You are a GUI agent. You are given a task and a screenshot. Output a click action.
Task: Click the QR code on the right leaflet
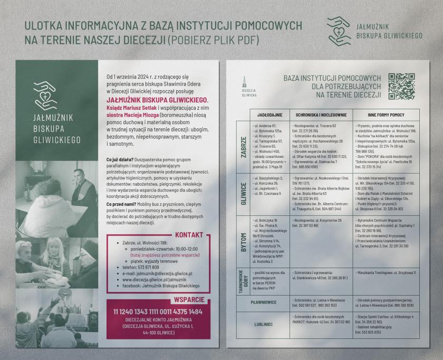(402, 86)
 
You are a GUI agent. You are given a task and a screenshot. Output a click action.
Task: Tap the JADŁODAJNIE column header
(269, 115)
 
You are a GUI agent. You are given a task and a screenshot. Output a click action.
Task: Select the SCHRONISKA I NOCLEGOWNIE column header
(321, 115)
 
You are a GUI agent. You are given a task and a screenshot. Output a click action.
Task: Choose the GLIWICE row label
(244, 193)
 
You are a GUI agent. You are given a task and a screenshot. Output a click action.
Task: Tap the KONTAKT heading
(188, 235)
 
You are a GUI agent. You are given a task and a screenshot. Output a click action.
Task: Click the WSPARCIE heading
(188, 299)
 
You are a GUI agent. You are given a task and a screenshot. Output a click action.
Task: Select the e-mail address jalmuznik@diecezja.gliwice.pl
(164, 273)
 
